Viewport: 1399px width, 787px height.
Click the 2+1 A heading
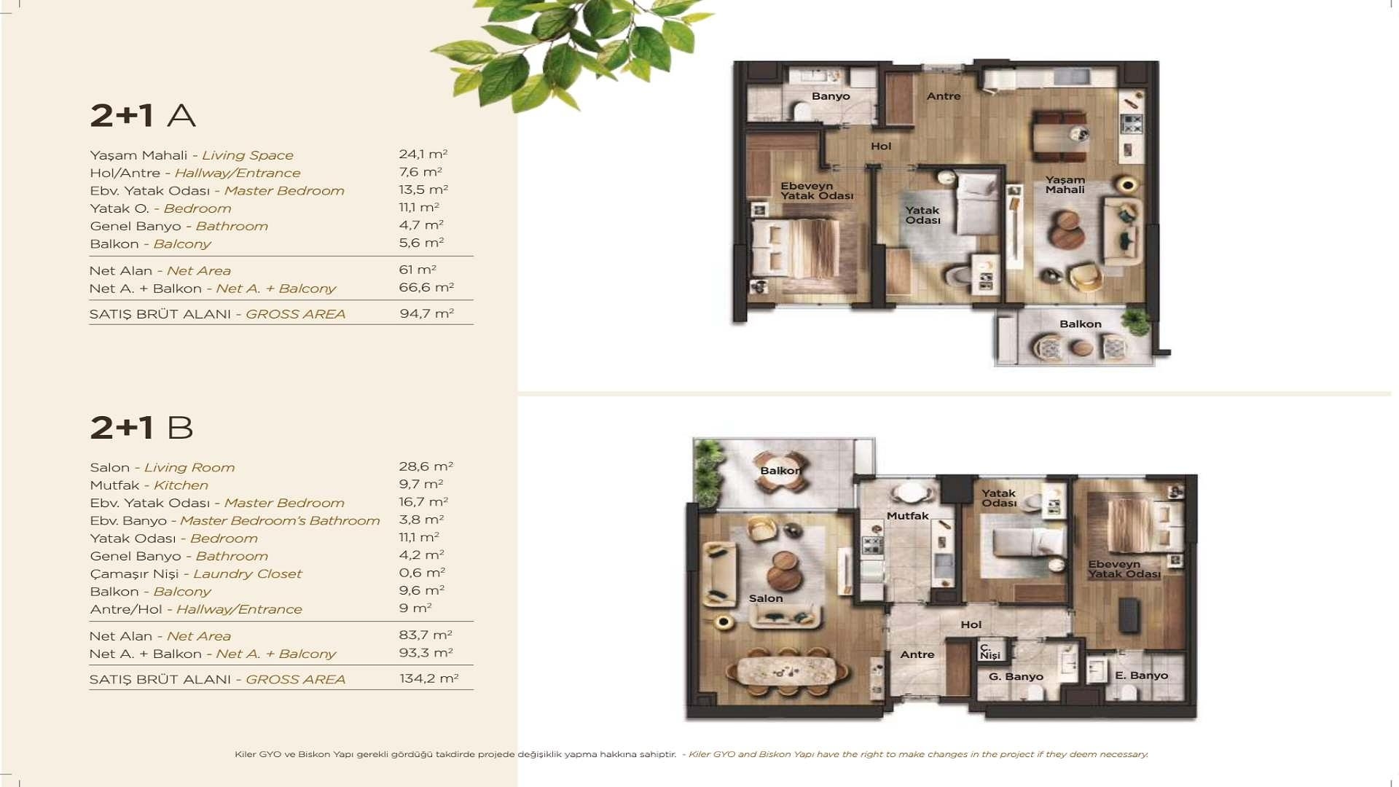[x=143, y=116]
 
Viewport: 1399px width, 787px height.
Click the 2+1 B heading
[x=141, y=428]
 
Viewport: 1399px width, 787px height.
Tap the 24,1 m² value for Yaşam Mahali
[x=423, y=154]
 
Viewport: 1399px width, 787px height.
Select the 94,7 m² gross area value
[x=426, y=313]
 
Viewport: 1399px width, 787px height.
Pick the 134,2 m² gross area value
[x=428, y=678]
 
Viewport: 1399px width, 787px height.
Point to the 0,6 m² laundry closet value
[x=421, y=573]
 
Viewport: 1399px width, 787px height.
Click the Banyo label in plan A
[x=831, y=96]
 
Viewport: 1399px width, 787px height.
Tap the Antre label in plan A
[x=943, y=96]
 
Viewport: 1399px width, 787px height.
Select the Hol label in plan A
[x=880, y=146]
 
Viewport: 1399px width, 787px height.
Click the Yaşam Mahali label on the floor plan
[x=1065, y=185]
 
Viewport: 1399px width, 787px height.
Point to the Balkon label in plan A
[x=1080, y=324]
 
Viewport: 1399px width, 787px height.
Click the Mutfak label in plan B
[x=907, y=516]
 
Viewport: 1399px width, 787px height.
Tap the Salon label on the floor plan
[x=765, y=598]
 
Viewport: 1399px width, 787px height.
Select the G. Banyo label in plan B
[x=1015, y=677]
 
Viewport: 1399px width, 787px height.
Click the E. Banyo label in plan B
[x=1141, y=676]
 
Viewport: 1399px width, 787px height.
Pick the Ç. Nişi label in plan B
[x=989, y=651]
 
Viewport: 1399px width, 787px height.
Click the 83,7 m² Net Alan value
[x=425, y=635]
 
